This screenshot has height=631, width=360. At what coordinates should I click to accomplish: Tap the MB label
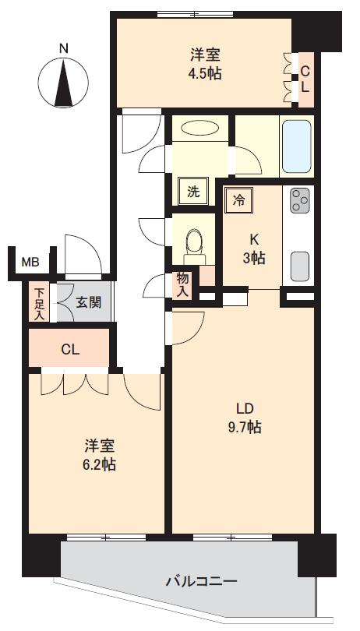pyautogui.click(x=30, y=263)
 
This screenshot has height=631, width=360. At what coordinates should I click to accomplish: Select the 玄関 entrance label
pyautogui.click(x=88, y=302)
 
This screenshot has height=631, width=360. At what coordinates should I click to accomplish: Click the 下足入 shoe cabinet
pyautogui.click(x=39, y=301)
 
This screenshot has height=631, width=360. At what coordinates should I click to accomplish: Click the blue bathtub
pyautogui.click(x=297, y=146)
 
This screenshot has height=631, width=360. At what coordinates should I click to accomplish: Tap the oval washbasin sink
pyautogui.click(x=200, y=129)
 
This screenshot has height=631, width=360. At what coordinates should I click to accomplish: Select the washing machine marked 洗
pyautogui.click(x=194, y=192)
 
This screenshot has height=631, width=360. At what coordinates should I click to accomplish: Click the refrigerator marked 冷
pyautogui.click(x=239, y=200)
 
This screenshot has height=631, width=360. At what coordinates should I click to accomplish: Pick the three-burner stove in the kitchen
pyautogui.click(x=300, y=200)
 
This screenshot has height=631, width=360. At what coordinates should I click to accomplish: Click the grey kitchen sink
pyautogui.click(x=299, y=266)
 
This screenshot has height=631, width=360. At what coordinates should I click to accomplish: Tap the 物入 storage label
pyautogui.click(x=182, y=284)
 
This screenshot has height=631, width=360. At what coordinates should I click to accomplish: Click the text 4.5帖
pyautogui.click(x=206, y=74)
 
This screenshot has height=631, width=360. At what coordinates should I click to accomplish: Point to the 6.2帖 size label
pyautogui.click(x=101, y=465)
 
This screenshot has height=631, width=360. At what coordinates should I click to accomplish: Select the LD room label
pyautogui.click(x=245, y=409)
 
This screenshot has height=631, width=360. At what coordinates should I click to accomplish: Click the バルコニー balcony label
pyautogui.click(x=202, y=580)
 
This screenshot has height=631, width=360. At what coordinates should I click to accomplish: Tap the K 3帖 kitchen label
pyautogui.click(x=254, y=249)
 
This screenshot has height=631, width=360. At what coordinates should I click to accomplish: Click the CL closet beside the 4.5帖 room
pyautogui.click(x=305, y=79)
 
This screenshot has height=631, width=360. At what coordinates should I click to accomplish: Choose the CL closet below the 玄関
pyautogui.click(x=70, y=348)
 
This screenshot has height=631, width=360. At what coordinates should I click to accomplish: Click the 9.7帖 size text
pyautogui.click(x=245, y=427)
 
